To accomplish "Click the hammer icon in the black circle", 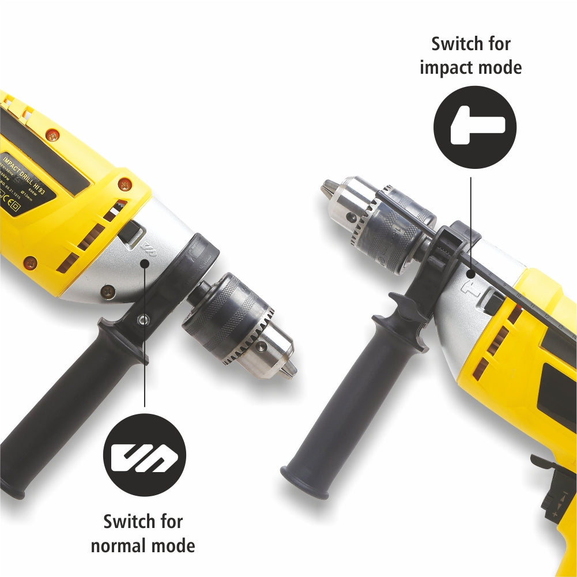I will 475,127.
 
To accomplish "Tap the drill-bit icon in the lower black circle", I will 144,455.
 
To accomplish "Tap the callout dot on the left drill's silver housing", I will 145,263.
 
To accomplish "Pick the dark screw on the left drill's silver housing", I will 107,292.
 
